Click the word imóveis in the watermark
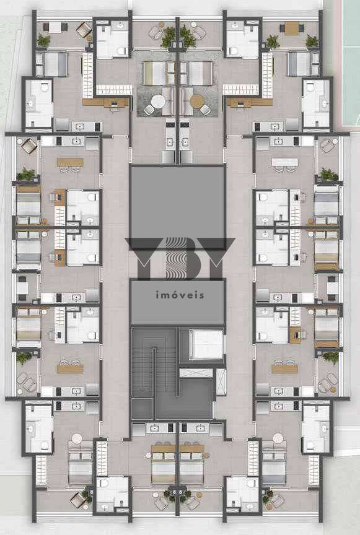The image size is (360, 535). pyautogui.click(x=180, y=295)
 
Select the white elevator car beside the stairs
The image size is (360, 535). pyautogui.click(x=206, y=344)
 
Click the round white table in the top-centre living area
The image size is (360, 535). pyautogui.click(x=158, y=102)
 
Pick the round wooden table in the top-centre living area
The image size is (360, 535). pyautogui.click(x=197, y=102)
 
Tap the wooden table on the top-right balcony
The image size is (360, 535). pyautogui.click(x=292, y=28)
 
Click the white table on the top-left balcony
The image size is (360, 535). pyautogui.click(x=55, y=27)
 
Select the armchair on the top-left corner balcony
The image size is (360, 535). pyautogui.click(x=84, y=30)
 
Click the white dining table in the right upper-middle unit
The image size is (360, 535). pyautogui.click(x=284, y=162)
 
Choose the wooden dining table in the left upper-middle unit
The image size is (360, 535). pyautogui.click(x=71, y=162)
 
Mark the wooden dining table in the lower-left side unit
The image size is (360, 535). pyautogui.click(x=70, y=369)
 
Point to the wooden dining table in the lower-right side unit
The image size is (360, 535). pyautogui.click(x=284, y=369)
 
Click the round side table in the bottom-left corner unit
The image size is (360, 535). pyautogui.click(x=77, y=438)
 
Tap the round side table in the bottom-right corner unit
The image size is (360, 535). pyautogui.click(x=278, y=438)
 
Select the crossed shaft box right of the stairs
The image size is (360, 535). pyautogui.click(x=221, y=382)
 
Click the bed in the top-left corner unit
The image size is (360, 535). pyautogui.click(x=55, y=64)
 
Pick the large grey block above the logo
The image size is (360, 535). pyautogui.click(x=178, y=207)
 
